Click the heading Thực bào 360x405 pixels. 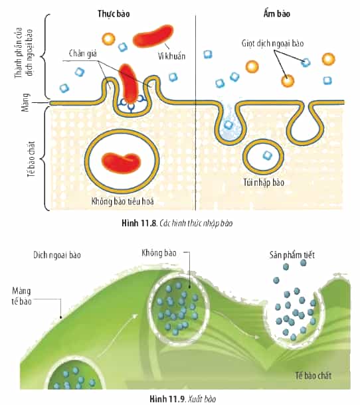[114, 14]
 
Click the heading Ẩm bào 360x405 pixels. [277, 13]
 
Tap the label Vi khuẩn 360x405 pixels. [171, 56]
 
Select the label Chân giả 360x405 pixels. [83, 54]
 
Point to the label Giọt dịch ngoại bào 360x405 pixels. [272, 43]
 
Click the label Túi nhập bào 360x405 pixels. [264, 183]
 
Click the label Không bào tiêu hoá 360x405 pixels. [122, 201]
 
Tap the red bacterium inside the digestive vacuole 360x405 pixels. [121, 163]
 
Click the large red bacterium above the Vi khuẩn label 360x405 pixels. [153, 36]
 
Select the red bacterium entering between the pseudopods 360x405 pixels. [129, 82]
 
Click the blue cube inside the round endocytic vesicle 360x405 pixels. [267, 155]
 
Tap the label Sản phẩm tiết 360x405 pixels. [292, 255]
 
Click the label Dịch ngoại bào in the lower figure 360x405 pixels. [57, 255]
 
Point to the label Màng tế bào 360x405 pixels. [22, 296]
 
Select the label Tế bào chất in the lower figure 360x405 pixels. [314, 376]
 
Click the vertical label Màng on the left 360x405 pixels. [26, 102]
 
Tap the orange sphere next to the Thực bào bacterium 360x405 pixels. [108, 39]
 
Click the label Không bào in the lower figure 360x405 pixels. [159, 253]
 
